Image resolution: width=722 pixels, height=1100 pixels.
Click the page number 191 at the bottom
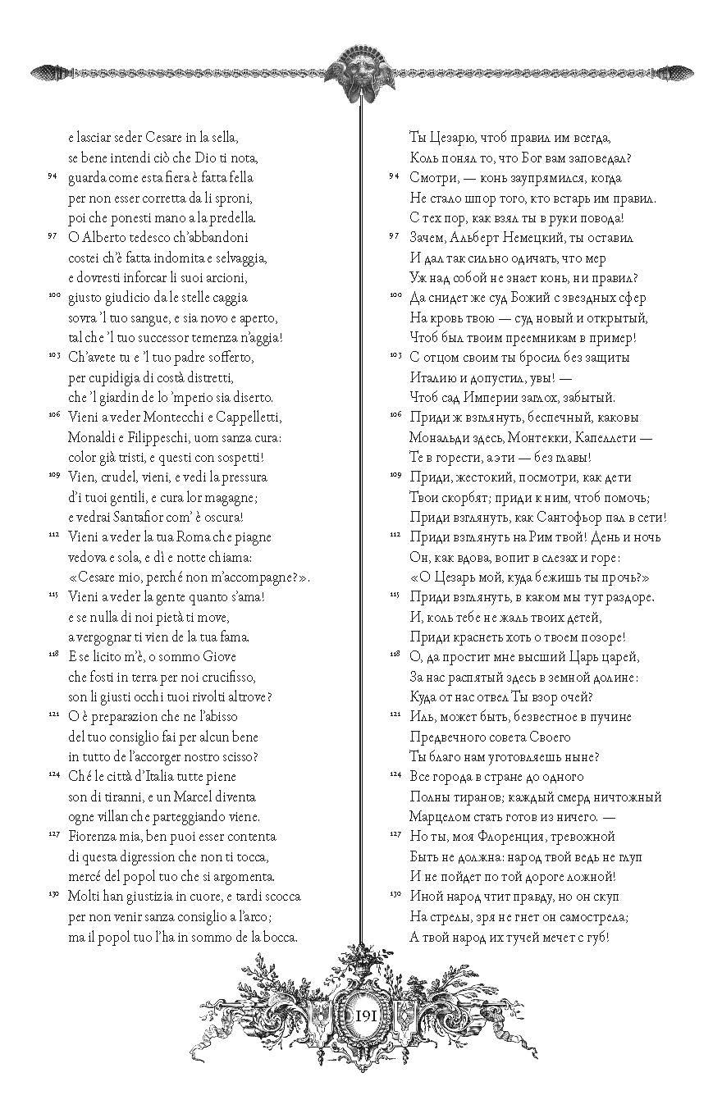pyautogui.click(x=366, y=1015)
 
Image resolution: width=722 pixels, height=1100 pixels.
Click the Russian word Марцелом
pyautogui.click(x=439, y=816)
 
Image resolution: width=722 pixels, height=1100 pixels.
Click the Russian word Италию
pyautogui.click(x=435, y=377)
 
